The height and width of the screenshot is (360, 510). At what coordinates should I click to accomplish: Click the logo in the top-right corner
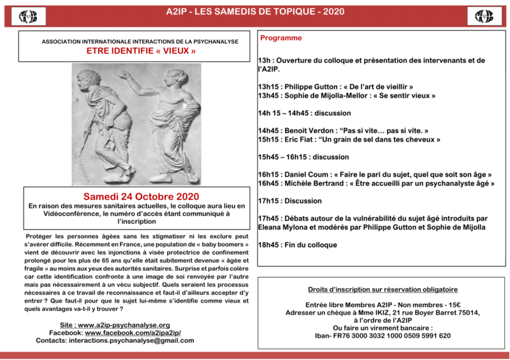click(484, 15)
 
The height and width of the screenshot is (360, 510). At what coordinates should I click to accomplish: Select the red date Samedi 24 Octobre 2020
click(141, 196)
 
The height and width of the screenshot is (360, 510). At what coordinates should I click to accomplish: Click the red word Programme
click(281, 38)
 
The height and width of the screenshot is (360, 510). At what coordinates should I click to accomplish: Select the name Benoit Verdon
click(312, 129)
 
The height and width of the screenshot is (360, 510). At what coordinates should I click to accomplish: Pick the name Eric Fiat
click(301, 139)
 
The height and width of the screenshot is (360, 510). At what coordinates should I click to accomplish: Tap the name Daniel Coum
click(309, 174)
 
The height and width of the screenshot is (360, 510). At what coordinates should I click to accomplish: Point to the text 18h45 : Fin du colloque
click(297, 245)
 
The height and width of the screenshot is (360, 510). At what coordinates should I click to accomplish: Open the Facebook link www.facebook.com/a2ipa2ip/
click(133, 333)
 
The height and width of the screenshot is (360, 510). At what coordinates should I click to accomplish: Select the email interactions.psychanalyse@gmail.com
click(140, 341)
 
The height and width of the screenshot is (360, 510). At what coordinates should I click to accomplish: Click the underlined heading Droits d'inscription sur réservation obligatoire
click(383, 289)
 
